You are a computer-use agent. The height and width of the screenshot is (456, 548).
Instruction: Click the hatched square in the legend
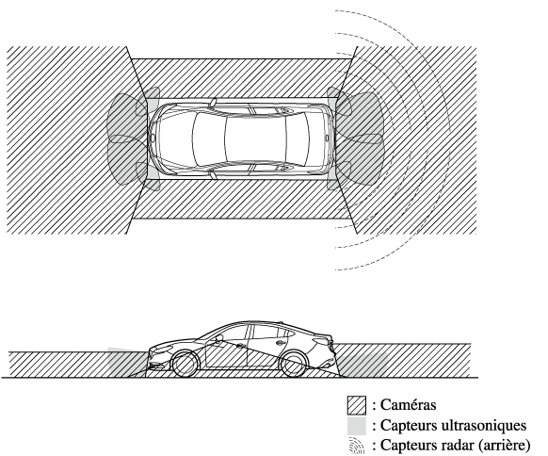[357, 405]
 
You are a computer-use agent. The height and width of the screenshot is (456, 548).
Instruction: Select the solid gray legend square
[357, 426]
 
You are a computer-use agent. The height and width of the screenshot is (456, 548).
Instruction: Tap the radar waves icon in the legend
[357, 446]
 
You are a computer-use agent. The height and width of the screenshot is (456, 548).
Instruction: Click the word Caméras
[409, 405]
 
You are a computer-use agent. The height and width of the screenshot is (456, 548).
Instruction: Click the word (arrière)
[505, 446]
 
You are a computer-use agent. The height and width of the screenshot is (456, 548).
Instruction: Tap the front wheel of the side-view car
[185, 365]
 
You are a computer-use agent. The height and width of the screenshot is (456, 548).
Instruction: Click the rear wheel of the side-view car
[293, 365]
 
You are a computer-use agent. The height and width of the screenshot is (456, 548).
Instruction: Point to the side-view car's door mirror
[218, 338]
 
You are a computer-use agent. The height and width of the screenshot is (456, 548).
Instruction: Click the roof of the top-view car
[255, 139]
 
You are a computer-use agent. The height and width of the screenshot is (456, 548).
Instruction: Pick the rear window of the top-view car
[298, 139]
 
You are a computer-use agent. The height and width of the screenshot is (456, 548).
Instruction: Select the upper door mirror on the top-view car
[213, 103]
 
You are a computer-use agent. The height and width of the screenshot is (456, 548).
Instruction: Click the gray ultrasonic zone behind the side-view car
[363, 365]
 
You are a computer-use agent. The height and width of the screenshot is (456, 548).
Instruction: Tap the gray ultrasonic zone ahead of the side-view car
[127, 363]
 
